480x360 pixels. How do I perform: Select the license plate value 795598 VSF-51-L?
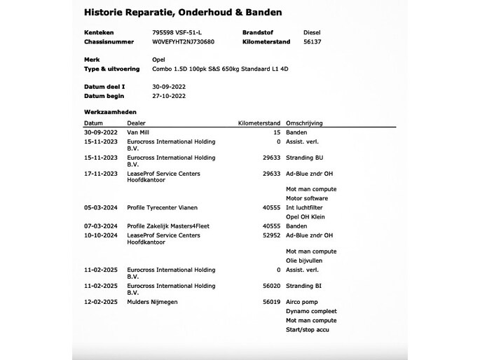point(180,32)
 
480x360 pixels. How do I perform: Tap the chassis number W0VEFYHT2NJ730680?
point(184,41)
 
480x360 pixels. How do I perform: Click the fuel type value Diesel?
point(312,32)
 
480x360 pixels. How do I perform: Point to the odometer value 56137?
point(312,41)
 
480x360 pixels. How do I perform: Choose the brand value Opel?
point(158,60)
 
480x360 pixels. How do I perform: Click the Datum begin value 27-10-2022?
point(169,95)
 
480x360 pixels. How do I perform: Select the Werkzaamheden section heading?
point(109,112)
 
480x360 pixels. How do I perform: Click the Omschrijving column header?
point(304,123)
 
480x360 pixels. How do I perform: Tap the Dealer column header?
point(136,123)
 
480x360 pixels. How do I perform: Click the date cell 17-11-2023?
point(99,173)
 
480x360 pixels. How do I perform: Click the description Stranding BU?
point(306,158)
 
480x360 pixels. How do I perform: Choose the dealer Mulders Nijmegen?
point(153,301)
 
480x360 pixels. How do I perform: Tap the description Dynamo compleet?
point(312,311)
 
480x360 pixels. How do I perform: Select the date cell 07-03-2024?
point(99,226)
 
